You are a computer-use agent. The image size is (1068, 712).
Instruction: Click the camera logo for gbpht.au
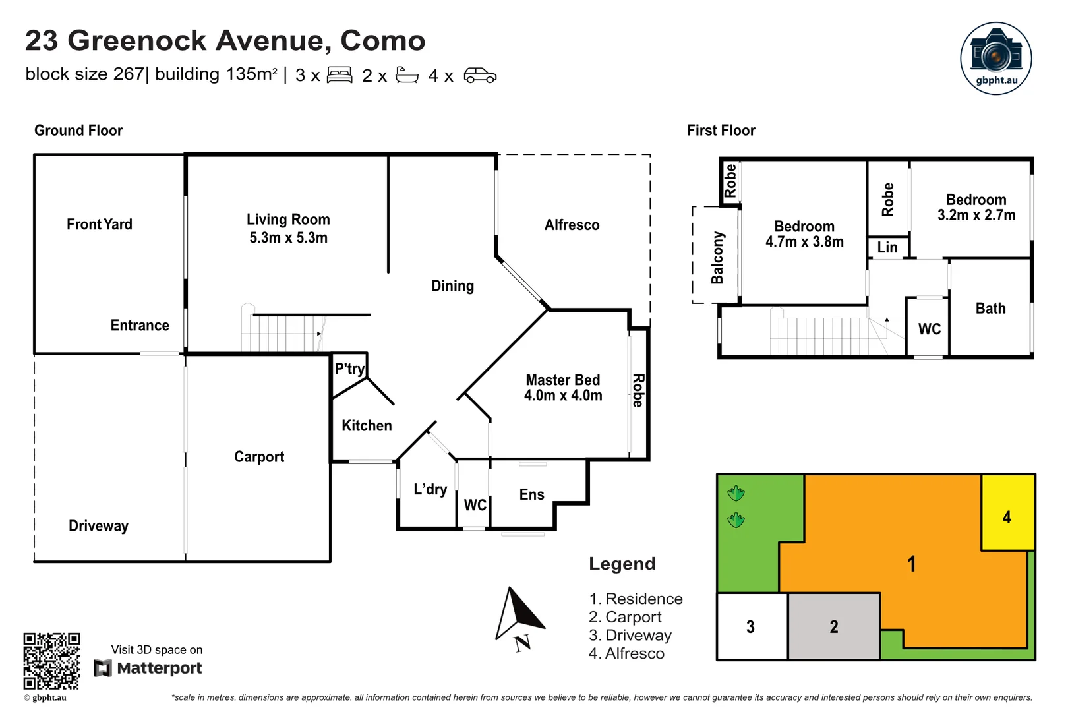[x=995, y=58]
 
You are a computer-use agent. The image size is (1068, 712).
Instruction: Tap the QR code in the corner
[x=51, y=661]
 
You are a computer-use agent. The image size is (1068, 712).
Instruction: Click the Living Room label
[x=288, y=220]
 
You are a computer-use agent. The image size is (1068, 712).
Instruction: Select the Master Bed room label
[x=562, y=380]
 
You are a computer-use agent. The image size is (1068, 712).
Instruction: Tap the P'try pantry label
[x=349, y=369]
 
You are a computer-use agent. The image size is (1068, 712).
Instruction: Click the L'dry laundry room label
[x=430, y=489]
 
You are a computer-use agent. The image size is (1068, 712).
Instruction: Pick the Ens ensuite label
[x=531, y=494]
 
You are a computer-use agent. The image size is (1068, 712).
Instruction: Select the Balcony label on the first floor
[x=717, y=257]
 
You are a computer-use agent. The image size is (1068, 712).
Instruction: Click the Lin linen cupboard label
[x=887, y=247]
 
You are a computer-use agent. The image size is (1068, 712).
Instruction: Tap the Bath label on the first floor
[x=990, y=309]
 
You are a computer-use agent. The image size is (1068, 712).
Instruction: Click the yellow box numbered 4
[x=1007, y=516]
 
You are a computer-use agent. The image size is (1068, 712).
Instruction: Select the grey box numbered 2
[x=833, y=626]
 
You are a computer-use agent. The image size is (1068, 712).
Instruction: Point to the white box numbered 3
[x=750, y=626]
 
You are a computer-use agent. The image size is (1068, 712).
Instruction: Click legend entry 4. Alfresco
[x=626, y=653]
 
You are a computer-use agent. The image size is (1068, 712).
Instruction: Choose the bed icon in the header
[x=340, y=75]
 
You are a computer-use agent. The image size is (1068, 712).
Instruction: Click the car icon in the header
[x=480, y=75]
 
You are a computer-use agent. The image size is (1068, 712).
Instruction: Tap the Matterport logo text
[x=159, y=668]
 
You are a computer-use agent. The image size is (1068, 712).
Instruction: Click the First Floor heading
[x=721, y=131]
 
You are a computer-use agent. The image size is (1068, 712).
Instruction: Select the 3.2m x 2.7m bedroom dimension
[x=976, y=215]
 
